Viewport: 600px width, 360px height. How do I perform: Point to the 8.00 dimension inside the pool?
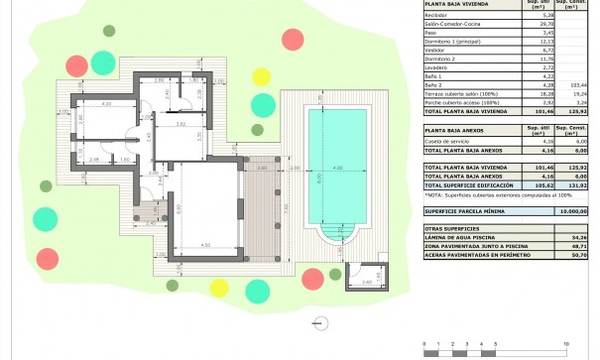[x=319, y=179]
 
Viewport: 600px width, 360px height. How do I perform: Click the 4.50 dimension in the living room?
[x=204, y=244]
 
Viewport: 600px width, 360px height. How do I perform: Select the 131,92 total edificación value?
[x=570, y=185]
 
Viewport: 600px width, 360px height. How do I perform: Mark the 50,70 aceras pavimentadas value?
[x=570, y=255]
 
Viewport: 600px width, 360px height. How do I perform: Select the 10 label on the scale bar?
[x=565, y=342]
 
